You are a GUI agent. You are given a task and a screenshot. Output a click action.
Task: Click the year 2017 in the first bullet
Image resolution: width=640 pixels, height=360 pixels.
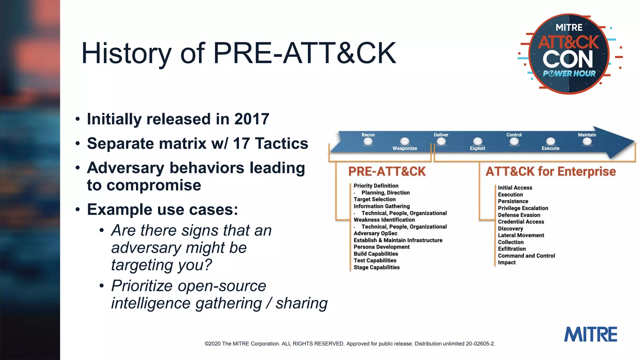(252, 119)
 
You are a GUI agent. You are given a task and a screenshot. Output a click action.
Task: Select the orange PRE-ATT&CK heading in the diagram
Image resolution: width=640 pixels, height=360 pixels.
(387, 172)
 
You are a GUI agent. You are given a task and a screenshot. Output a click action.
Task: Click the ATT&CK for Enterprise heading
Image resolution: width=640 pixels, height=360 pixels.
(550, 172)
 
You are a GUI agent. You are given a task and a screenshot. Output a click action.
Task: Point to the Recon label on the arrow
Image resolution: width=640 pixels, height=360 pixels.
(368, 135)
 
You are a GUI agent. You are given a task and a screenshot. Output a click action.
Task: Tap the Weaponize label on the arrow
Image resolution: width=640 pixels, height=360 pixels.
(405, 148)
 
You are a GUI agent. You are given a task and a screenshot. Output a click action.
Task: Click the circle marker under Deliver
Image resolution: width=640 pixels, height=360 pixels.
(441, 142)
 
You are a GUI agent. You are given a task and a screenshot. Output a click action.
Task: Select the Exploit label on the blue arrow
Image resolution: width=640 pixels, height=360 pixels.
(477, 148)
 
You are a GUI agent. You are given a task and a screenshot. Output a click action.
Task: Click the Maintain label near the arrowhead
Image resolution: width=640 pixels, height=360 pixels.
(587, 135)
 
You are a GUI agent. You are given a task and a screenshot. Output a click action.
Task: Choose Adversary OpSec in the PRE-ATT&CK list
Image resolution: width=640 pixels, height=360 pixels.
(375, 233)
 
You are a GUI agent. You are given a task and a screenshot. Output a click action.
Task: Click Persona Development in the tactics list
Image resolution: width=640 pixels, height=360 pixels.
(382, 247)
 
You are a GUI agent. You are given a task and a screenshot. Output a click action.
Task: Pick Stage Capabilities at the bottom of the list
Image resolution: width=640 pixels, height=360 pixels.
(377, 267)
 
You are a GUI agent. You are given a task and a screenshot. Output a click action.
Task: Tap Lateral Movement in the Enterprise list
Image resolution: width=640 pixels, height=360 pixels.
(521, 235)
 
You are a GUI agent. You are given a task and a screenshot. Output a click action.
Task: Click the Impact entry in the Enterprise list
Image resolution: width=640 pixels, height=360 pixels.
(507, 262)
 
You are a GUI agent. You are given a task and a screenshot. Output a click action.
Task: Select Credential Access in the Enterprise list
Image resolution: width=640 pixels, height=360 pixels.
(521, 222)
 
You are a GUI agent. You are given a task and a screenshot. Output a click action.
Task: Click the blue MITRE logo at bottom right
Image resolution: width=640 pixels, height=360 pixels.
(590, 334)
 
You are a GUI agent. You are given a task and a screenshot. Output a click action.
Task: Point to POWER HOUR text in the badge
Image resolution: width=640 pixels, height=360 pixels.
(569, 74)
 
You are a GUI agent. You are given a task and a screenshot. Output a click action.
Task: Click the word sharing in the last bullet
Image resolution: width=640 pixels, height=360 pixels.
(301, 303)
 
